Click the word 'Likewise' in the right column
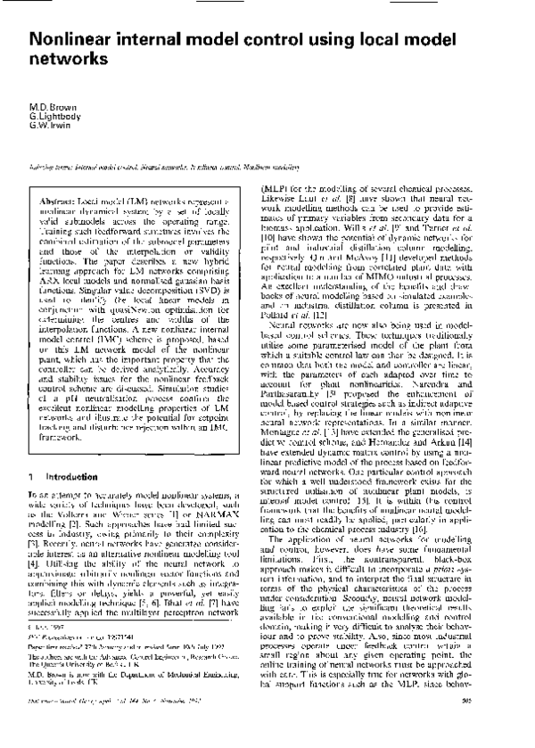(279, 199)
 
